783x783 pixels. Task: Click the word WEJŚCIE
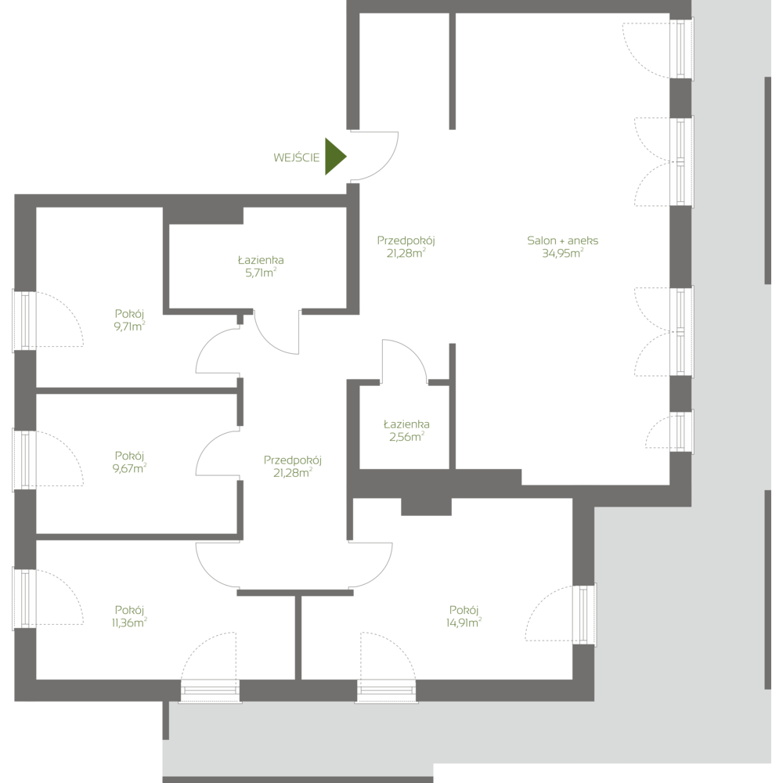pos(297,157)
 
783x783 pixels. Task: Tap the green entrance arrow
pos(335,157)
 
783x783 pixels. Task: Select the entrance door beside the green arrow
pos(374,157)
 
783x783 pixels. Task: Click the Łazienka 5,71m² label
pos(261,266)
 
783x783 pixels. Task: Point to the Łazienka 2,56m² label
pos(407,431)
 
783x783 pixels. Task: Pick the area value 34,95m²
pos(562,253)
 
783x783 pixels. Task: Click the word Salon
pos(540,241)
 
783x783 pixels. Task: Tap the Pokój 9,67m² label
pos(130,461)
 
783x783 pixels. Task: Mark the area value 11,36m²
pos(130,623)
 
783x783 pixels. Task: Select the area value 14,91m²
pos(464,623)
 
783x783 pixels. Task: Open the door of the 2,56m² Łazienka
pos(404,362)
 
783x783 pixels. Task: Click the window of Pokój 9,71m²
pos(26,320)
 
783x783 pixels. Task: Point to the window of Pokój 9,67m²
pos(26,460)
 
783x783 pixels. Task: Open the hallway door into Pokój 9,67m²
pos(217,455)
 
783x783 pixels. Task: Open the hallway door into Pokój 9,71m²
pos(217,351)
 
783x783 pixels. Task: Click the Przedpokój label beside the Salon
pos(406,247)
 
